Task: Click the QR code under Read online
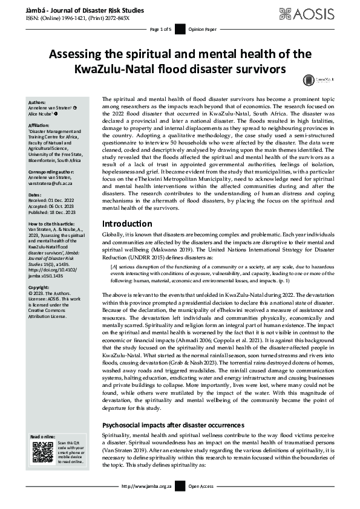point(42,452)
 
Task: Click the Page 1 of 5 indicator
point(160,28)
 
